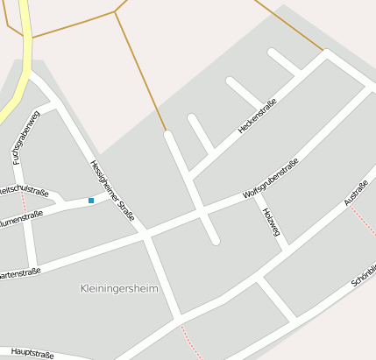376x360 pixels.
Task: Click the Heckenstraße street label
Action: (x=258, y=116)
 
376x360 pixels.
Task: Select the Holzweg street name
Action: (x=269, y=215)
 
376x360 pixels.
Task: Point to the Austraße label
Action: (x=356, y=193)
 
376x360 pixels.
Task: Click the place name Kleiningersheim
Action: (x=119, y=288)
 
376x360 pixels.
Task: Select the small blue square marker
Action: (x=90, y=201)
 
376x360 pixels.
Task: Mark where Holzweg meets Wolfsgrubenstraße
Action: (x=258, y=195)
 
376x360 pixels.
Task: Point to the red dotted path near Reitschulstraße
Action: (x=25, y=203)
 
